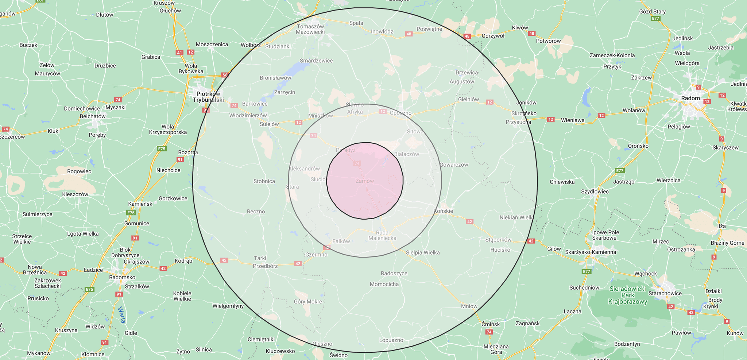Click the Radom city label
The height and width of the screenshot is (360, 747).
(x=690, y=98)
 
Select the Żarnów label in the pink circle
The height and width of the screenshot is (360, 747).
(x=365, y=181)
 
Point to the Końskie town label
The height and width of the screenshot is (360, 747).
(x=444, y=211)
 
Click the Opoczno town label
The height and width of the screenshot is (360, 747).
(x=400, y=113)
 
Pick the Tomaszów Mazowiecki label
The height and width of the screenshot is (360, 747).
(x=310, y=29)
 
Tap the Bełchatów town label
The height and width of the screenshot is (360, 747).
(x=92, y=116)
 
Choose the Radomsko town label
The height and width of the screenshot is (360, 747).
(x=122, y=277)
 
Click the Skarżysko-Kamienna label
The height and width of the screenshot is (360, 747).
(x=590, y=252)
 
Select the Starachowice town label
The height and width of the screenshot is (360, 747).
(x=665, y=293)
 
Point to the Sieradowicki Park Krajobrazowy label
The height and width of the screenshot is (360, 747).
(x=627, y=295)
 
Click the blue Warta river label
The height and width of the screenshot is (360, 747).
(x=122, y=315)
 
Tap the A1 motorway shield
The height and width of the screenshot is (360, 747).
(x=179, y=53)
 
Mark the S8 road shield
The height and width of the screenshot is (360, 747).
(x=225, y=75)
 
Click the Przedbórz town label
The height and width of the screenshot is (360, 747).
(x=265, y=266)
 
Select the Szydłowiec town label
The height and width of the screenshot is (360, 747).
(x=595, y=191)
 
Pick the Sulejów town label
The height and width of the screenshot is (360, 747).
(x=269, y=124)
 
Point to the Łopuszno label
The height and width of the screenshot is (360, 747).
(x=391, y=340)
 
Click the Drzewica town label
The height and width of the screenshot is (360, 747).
(x=467, y=73)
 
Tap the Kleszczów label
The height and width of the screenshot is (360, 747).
(x=75, y=194)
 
